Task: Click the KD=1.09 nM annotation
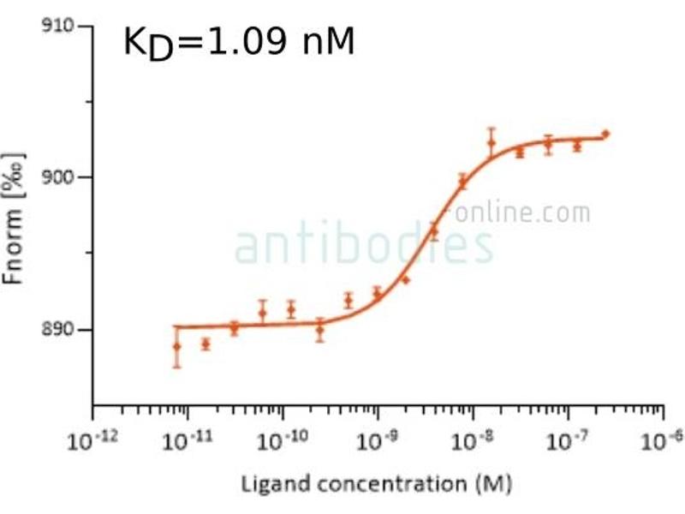point(239,41)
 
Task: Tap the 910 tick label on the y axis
point(61,27)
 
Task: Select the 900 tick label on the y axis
point(61,177)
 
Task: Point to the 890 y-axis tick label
point(61,330)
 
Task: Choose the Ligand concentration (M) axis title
point(378,485)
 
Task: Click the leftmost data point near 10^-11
point(176,347)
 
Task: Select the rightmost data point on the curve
point(605,134)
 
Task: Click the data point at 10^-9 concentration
point(377,295)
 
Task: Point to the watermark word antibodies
point(364,245)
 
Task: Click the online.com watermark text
point(522,212)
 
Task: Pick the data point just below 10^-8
point(463,181)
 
